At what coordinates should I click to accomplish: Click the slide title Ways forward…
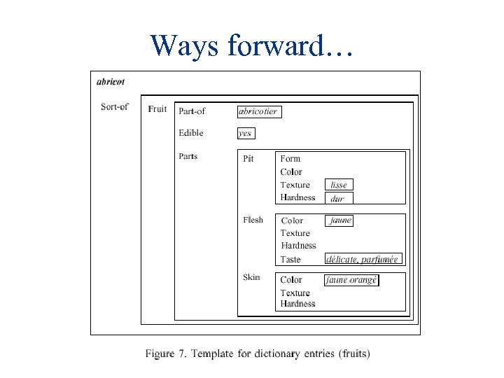pos(251,45)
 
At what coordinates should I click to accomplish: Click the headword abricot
pos(111,81)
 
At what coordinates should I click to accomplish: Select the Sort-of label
pos(114,107)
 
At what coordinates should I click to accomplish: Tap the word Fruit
pos(157,108)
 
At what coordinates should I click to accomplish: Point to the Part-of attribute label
pos(192,111)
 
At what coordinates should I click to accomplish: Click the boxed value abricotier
pos(258,111)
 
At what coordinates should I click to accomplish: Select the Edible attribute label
pos(190,133)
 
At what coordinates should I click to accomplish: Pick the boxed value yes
pos(246,133)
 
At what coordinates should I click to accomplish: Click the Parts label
pos(188,156)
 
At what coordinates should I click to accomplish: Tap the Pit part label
pos(248,159)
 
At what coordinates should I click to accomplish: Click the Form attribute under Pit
pos(290,159)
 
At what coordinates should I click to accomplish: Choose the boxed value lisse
pos(339,185)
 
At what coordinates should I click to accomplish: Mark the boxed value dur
pos(337,198)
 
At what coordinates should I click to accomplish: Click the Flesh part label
pos(253,220)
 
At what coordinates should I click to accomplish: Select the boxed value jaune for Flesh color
pos(340,220)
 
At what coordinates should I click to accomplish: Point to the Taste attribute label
pos(290,260)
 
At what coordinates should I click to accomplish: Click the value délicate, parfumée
pos(363,259)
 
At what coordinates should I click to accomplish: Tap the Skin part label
pos(251,277)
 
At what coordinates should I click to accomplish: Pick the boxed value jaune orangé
pos(351,280)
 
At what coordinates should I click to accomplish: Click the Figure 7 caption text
pos(258,353)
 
